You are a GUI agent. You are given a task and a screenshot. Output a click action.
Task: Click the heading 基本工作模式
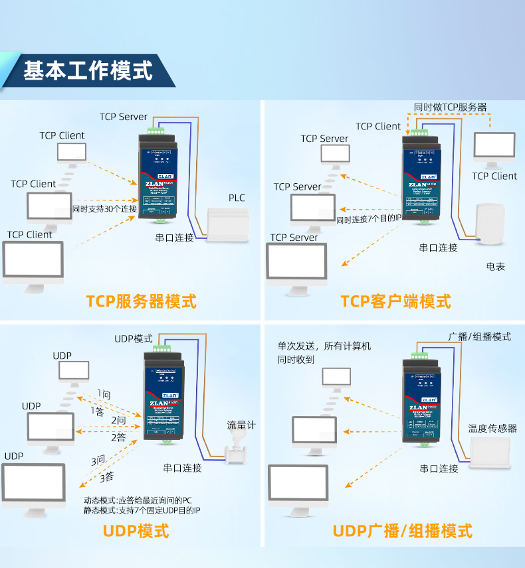tap(88, 70)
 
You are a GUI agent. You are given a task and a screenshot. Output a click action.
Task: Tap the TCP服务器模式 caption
tap(141, 301)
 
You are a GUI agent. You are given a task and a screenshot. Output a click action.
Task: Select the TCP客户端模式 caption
tap(395, 301)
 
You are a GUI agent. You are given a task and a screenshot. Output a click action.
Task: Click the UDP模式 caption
tap(136, 531)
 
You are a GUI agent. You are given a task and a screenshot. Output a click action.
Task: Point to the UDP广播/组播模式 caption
tap(402, 531)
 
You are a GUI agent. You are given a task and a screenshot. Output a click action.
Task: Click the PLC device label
tap(237, 198)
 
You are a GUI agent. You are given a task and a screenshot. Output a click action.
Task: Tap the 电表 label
tap(495, 267)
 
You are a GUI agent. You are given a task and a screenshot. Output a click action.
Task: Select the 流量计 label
tap(241, 425)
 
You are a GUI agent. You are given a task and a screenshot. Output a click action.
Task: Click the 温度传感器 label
tap(492, 429)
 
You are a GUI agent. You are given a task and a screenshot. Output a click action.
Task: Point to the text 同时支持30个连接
tap(104, 209)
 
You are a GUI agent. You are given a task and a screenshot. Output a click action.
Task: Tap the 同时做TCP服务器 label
tap(450, 107)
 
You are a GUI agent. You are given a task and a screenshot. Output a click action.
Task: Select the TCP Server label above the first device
tap(124, 117)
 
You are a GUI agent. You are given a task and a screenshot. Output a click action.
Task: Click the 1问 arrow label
tap(104, 394)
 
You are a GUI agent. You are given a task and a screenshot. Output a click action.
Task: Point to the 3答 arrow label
tap(106, 476)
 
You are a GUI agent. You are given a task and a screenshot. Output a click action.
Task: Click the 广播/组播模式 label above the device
tap(480, 337)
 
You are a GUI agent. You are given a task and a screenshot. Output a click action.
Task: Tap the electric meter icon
tap(490, 224)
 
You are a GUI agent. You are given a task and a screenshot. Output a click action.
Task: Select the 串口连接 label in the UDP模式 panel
tap(183, 468)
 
